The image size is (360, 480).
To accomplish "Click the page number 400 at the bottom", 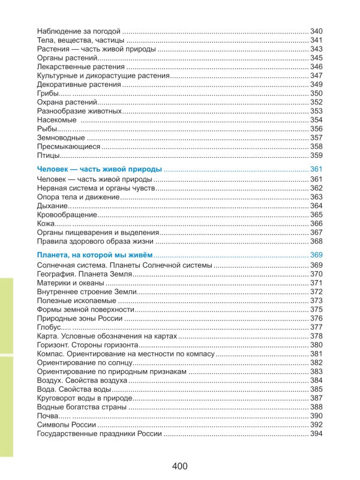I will tap(179, 466).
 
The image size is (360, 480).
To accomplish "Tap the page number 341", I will tap(316, 40).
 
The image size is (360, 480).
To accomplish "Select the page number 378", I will tap(316, 336).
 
